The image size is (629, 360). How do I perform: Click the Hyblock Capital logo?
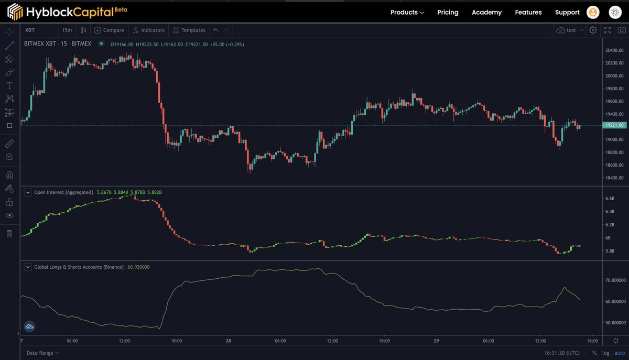tap(67, 11)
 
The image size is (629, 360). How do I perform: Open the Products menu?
tap(407, 12)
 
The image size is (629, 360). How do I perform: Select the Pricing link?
tap(448, 12)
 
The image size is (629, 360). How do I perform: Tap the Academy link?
tap(486, 12)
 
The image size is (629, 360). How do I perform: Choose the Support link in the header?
tap(567, 12)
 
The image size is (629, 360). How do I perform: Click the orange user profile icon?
tap(593, 12)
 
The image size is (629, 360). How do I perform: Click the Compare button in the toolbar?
tap(109, 30)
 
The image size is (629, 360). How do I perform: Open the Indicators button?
tap(148, 30)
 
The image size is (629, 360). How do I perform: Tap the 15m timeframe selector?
tap(67, 30)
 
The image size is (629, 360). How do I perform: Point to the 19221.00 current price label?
tap(614, 125)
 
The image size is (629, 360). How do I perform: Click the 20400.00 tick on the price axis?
tap(614, 50)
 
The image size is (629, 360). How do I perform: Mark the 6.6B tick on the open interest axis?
tap(610, 199)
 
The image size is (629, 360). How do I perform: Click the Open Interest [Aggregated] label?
tap(63, 192)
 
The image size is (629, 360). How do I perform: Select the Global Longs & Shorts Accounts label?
tap(79, 267)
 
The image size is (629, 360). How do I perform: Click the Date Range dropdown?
tap(42, 353)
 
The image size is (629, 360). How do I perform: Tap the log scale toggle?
tap(606, 353)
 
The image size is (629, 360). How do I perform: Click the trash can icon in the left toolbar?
tap(9, 234)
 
